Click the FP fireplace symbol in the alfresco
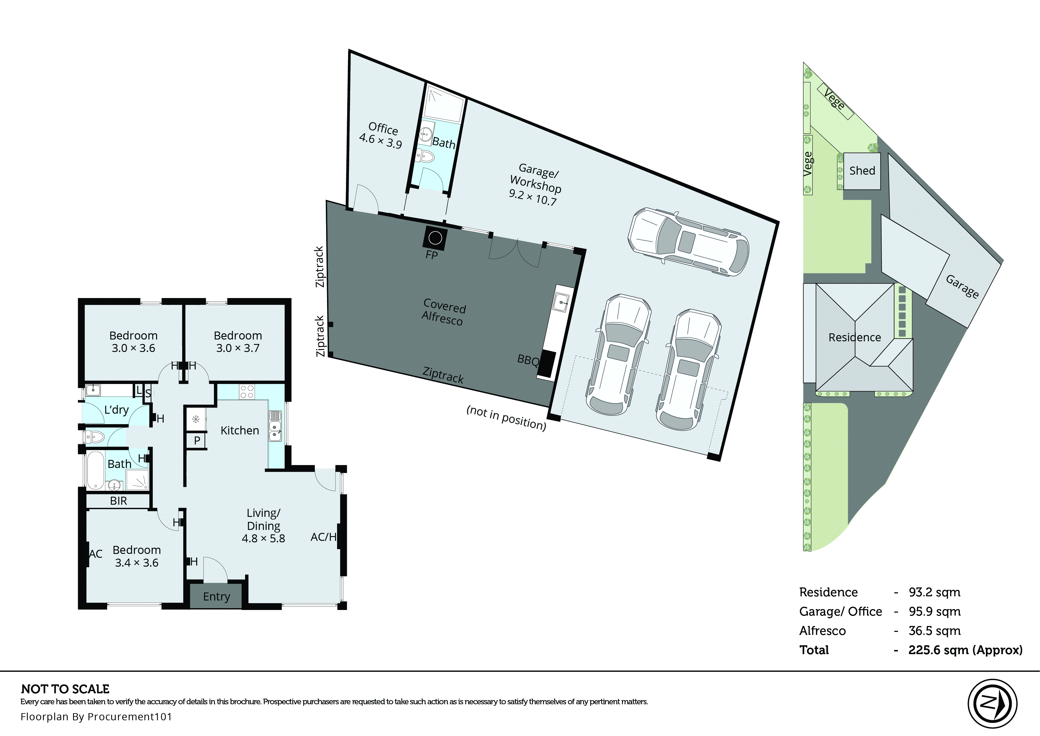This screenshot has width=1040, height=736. coord(435,238)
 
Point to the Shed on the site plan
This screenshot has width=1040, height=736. coord(862,171)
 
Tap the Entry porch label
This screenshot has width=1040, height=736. coord(216,596)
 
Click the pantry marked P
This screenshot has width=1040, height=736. coord(197,440)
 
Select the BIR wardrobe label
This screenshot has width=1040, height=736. coord(118,501)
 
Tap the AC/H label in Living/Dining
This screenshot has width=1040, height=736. coord(323,537)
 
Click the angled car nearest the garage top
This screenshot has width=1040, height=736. coord(688,242)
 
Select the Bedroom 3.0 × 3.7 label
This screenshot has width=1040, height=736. coord(238,342)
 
